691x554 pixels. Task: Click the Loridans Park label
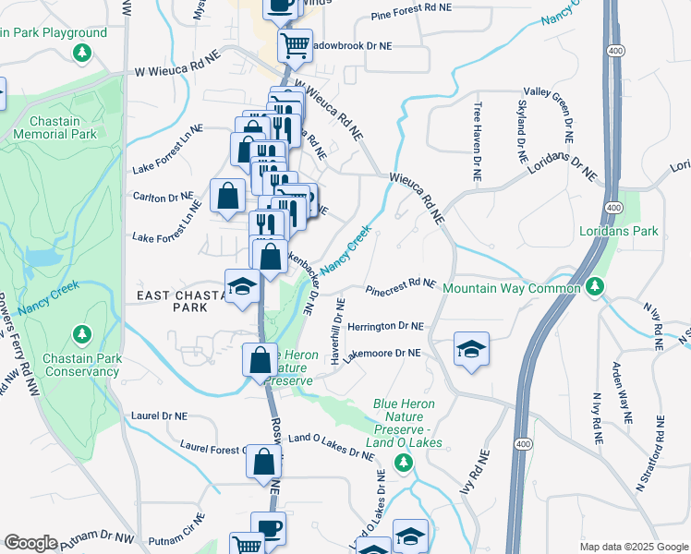(x=618, y=231)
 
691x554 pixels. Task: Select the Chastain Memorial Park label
(x=55, y=127)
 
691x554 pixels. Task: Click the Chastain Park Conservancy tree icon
(x=81, y=332)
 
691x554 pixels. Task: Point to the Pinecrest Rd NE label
(x=400, y=287)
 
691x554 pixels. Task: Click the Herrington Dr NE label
(x=385, y=327)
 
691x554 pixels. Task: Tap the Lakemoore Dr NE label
(x=382, y=353)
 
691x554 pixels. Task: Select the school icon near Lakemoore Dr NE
(x=471, y=349)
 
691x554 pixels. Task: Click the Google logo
(x=30, y=543)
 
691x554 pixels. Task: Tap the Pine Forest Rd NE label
(x=411, y=11)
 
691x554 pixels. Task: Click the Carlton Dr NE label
(x=164, y=198)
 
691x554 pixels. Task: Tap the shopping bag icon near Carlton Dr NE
(x=227, y=195)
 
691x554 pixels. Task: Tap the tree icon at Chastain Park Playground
(x=83, y=53)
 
